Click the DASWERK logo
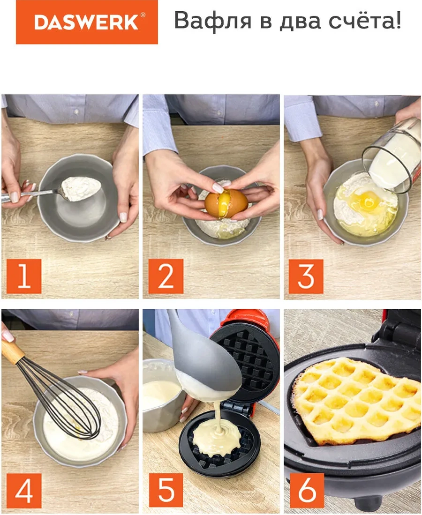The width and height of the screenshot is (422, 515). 87,22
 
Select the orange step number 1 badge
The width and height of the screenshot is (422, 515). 24,276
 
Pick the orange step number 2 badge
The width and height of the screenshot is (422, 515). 166,276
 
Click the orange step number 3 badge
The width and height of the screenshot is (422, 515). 306,276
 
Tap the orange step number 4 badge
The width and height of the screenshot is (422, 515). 24,490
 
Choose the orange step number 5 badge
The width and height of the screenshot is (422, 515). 166,490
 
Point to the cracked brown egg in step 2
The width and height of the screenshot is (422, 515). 226,203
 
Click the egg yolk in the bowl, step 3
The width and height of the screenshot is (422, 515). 366,201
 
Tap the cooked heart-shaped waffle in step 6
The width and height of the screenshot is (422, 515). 356,398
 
